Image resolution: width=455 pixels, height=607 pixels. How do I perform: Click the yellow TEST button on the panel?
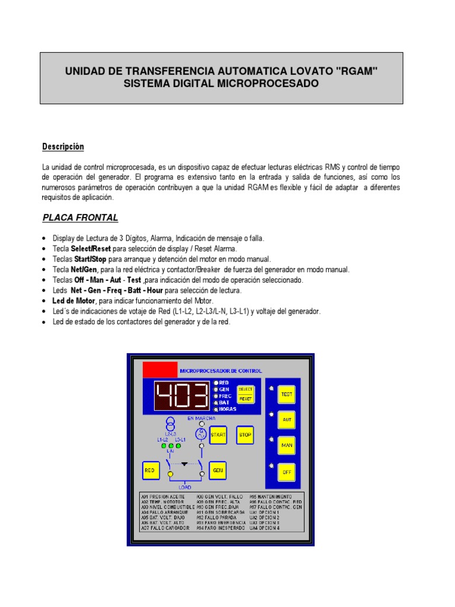tap(287, 394)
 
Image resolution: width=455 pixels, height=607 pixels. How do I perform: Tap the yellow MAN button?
tap(287, 445)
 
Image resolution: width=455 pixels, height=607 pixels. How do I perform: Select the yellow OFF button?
tap(287, 472)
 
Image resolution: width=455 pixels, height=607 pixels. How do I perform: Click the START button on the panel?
tap(218, 435)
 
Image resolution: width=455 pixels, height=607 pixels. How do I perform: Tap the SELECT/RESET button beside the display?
tap(245, 394)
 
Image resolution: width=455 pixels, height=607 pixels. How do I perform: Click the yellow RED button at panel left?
tap(150, 470)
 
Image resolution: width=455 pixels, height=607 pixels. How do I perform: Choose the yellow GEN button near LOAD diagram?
tap(218, 470)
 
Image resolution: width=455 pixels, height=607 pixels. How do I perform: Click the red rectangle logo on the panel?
tap(160, 369)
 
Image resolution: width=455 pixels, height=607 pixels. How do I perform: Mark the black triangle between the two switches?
tap(185, 464)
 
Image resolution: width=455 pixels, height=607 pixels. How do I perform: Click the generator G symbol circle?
tap(201, 434)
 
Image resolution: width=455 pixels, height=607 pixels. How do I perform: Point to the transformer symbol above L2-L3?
tap(171, 425)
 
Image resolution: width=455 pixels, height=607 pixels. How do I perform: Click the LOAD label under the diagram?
tap(185, 487)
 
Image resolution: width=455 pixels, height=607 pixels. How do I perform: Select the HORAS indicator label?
tap(228, 410)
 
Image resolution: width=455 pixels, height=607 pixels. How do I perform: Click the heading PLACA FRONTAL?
tap(80, 218)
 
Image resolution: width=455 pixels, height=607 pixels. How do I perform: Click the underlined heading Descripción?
tap(63, 146)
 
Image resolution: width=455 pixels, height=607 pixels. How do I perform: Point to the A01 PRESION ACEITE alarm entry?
tap(163, 496)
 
